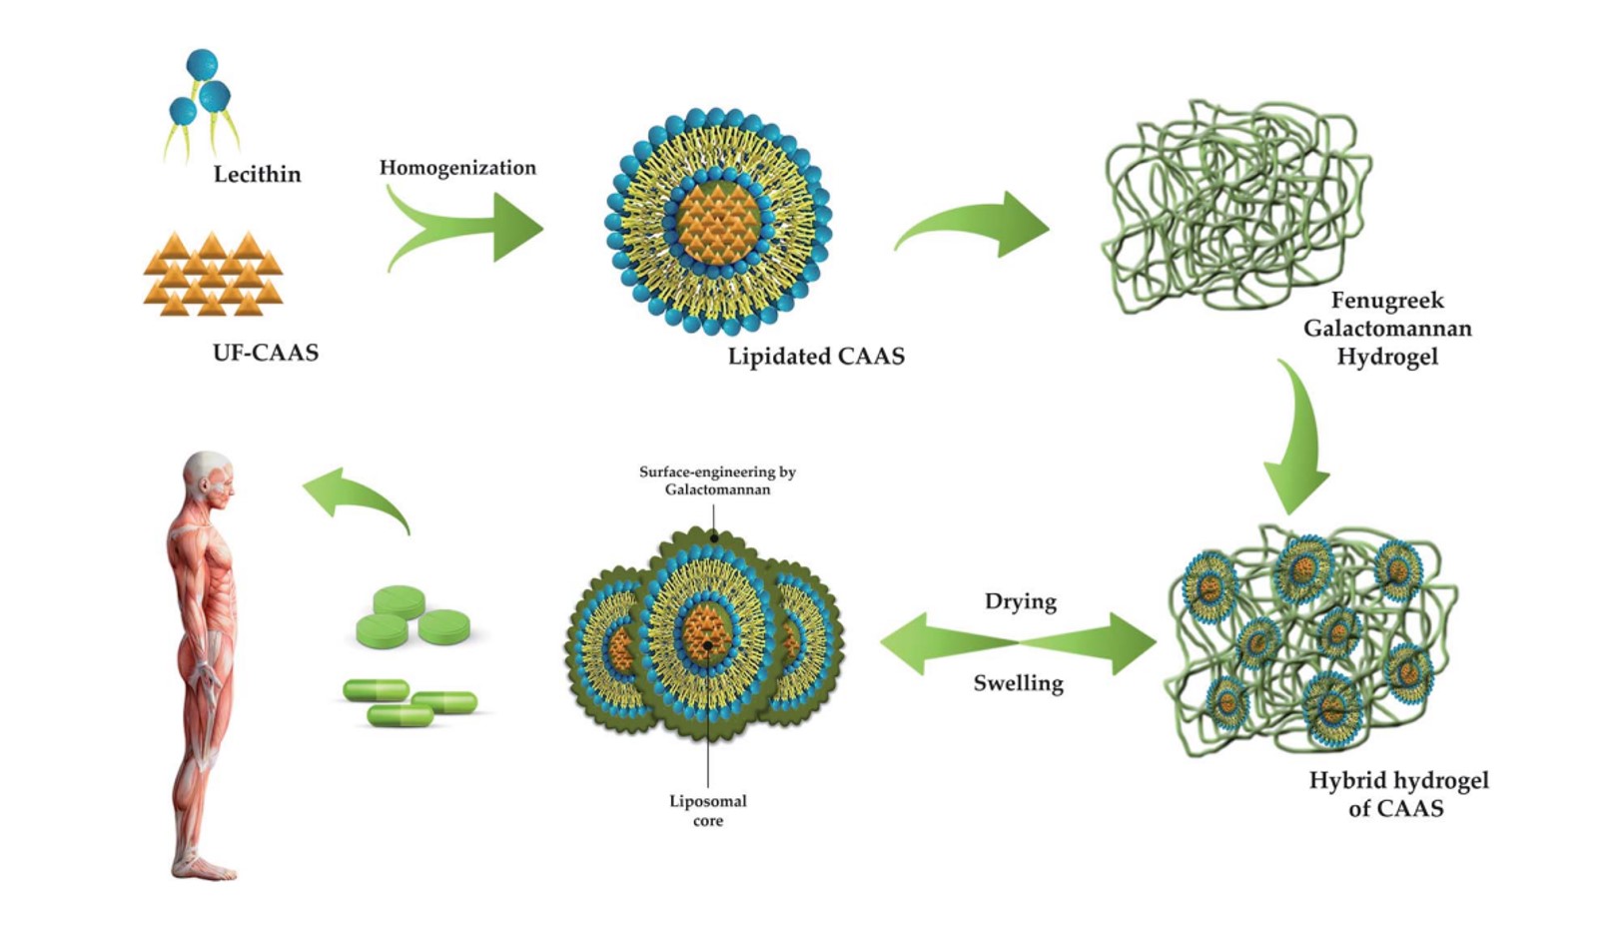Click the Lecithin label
[257, 174]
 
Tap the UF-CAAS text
[266, 352]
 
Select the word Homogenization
[457, 168]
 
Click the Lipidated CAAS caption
[816, 357]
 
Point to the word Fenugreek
[1387, 300]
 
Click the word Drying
[1020, 601]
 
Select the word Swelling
[1018, 683]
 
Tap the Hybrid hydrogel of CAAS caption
[1398, 794]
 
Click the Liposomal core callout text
[708, 810]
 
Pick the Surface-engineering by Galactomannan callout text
[717, 480]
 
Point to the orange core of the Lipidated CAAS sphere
[718, 221]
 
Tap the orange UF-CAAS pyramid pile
[213, 274]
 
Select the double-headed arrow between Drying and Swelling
[1018, 642]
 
